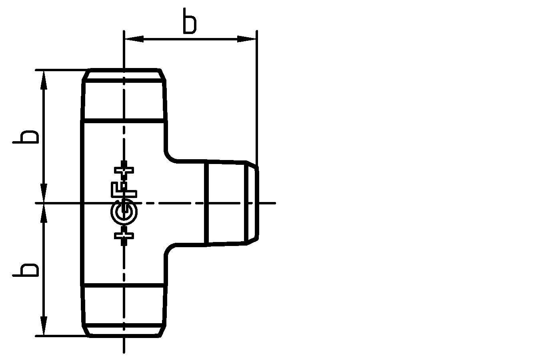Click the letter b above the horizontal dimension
click(189, 20)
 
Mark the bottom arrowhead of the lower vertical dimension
click(44, 326)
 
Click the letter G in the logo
click(124, 215)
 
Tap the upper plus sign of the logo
click(124, 170)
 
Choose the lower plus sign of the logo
click(124, 235)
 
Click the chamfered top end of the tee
click(124, 74)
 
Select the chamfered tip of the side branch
click(252, 203)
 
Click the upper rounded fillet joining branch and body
click(170, 156)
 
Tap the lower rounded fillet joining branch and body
click(170, 249)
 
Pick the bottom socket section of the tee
click(124, 304)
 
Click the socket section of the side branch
click(226, 203)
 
